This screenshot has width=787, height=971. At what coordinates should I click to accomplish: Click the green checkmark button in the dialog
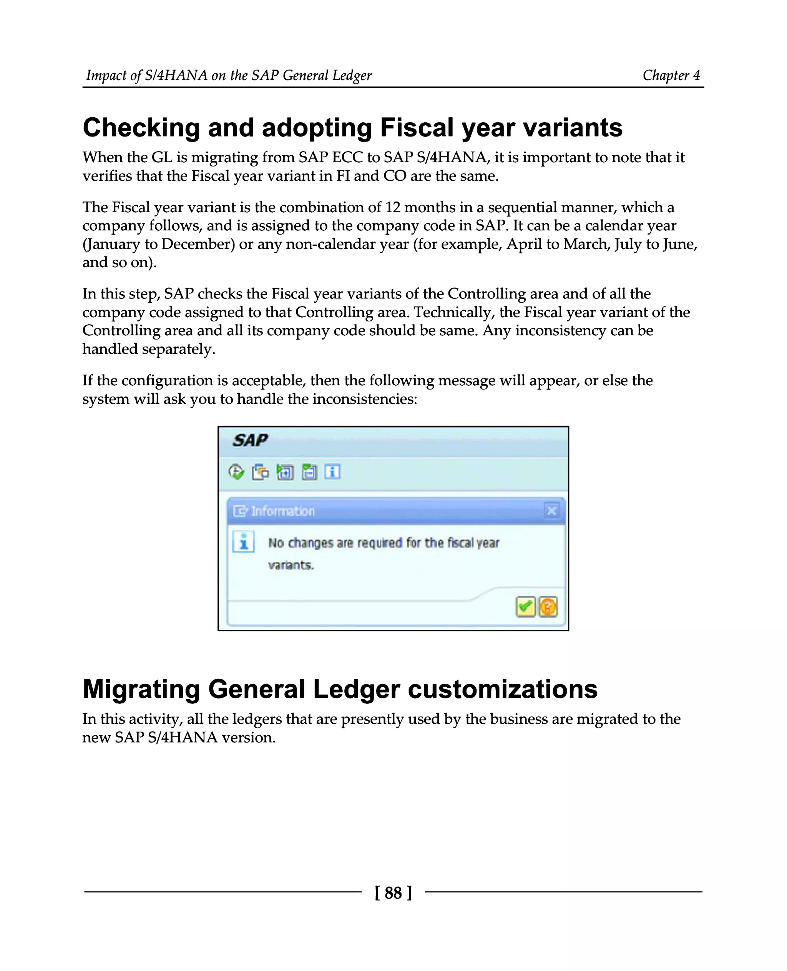(x=525, y=607)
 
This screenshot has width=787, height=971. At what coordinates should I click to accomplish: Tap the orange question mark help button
(x=548, y=607)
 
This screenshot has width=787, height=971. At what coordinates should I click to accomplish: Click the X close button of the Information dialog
(x=552, y=511)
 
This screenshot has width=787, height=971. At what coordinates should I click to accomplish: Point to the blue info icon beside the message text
(x=244, y=542)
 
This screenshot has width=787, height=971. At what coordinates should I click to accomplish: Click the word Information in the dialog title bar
(x=283, y=511)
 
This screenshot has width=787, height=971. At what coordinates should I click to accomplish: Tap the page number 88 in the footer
(x=393, y=893)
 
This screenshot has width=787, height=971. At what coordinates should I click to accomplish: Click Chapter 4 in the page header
(x=671, y=75)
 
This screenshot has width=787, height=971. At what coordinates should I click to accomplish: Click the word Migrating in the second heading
(x=141, y=689)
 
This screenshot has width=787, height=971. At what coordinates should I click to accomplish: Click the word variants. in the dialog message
(x=291, y=565)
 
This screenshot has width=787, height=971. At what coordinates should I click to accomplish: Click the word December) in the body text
(x=198, y=244)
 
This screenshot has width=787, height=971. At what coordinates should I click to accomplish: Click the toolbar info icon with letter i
(x=332, y=472)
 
